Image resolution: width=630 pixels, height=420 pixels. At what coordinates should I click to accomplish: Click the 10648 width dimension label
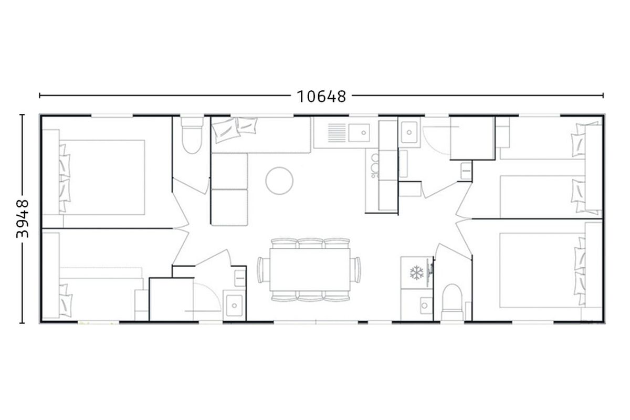point(321,97)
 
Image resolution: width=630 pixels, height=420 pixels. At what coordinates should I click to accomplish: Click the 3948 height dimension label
point(23,218)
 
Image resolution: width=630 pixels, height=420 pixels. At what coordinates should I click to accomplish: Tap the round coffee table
point(279,181)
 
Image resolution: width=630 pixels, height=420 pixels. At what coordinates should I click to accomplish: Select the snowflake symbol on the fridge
point(416,272)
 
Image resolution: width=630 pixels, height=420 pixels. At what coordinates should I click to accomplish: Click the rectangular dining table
point(310,269)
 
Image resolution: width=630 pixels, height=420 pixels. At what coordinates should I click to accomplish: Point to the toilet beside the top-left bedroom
point(192,135)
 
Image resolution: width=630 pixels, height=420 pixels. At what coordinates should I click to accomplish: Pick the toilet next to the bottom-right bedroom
point(452,302)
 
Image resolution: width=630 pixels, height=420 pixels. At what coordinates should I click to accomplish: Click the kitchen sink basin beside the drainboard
point(359,132)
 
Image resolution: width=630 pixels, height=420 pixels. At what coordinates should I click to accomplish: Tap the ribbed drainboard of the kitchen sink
point(337,133)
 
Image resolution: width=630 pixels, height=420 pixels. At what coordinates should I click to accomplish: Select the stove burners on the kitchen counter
point(375,166)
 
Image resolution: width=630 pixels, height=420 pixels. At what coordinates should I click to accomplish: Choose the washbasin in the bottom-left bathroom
point(234,306)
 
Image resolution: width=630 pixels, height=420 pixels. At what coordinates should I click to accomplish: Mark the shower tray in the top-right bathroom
point(472,139)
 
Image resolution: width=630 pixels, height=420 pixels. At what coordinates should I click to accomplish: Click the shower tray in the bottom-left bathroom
point(171,299)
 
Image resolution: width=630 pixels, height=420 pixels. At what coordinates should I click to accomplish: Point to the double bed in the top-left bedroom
point(102,177)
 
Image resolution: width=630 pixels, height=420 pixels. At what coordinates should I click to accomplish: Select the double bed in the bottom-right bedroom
point(542,270)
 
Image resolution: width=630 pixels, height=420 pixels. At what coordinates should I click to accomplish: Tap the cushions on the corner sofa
point(235,129)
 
